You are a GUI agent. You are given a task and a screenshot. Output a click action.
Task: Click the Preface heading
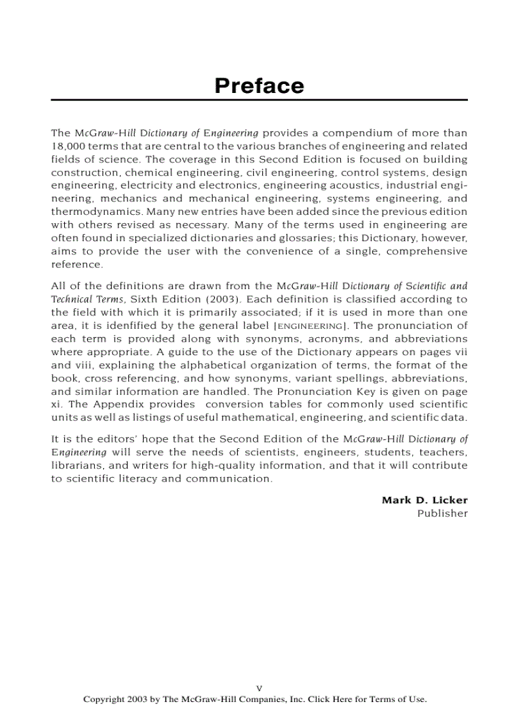point(259,85)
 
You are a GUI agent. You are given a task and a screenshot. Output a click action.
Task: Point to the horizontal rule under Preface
point(259,100)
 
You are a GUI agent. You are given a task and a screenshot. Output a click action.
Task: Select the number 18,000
point(66,146)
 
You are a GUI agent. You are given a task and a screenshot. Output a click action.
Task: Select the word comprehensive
point(428,251)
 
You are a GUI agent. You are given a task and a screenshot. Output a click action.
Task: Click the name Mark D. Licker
point(424,499)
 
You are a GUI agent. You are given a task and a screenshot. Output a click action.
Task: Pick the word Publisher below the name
point(442,513)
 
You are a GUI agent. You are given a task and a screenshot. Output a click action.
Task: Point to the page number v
point(259,687)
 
